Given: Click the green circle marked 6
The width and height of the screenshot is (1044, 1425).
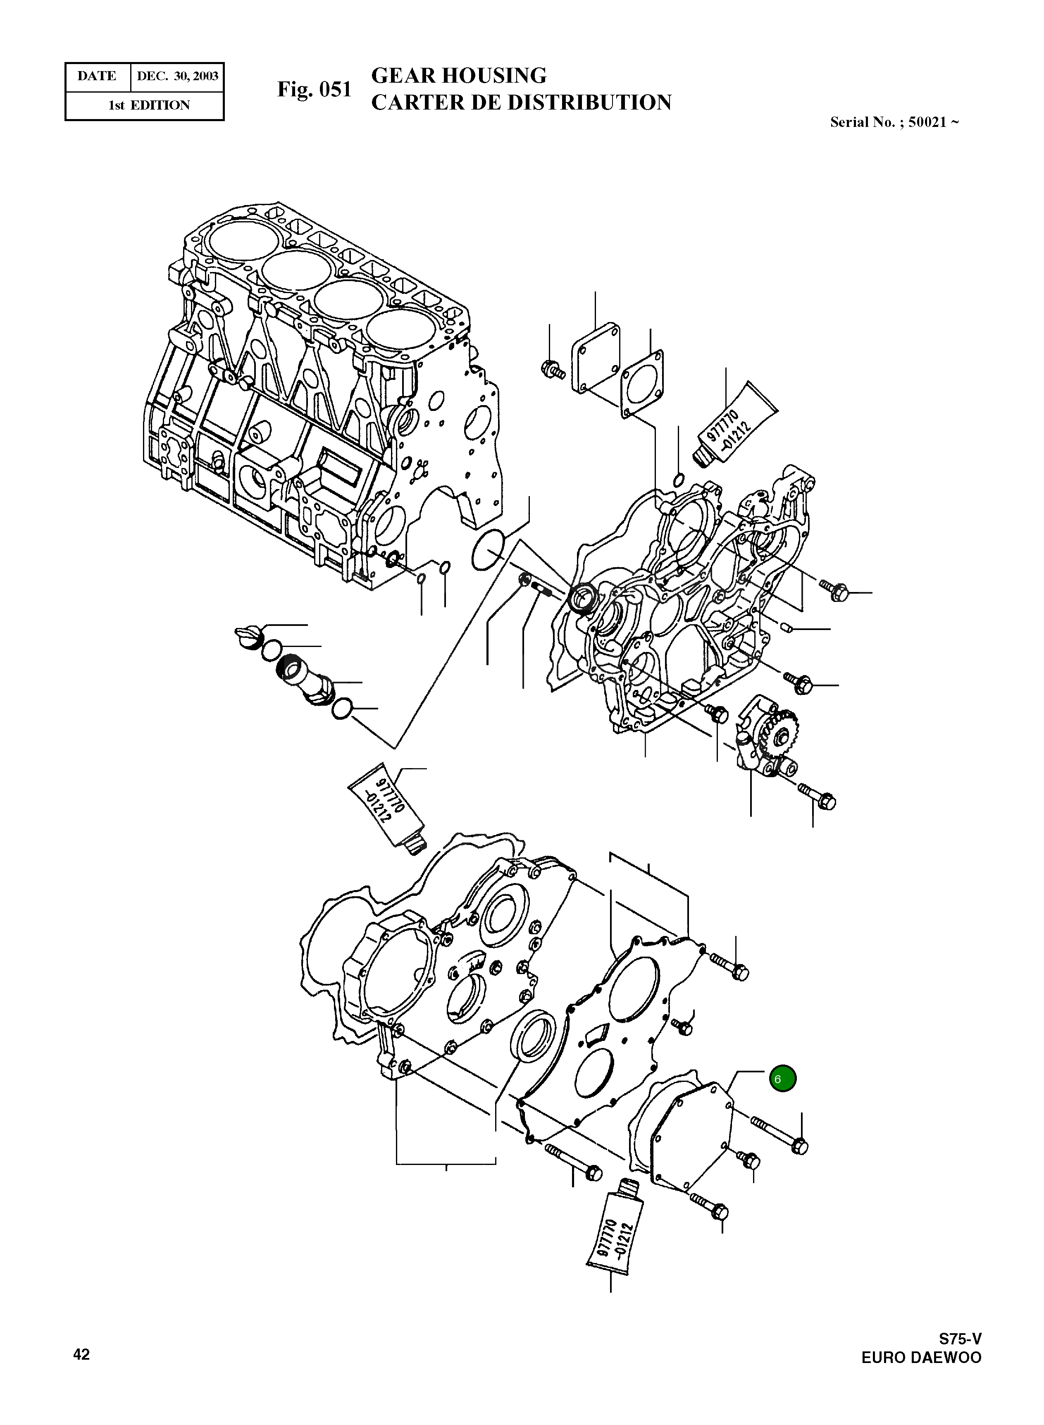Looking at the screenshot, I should [782, 1078].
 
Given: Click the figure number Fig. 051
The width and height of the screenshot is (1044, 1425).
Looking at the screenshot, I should [314, 90].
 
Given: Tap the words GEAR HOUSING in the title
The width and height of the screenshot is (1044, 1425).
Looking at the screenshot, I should [459, 76].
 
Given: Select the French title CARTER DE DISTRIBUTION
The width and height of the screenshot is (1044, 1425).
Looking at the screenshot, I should [521, 103].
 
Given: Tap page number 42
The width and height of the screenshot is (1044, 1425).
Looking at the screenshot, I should [81, 1354].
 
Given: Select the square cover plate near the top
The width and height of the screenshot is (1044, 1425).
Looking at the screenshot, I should [595, 358].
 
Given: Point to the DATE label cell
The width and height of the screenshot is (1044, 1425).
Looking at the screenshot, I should [97, 76].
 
